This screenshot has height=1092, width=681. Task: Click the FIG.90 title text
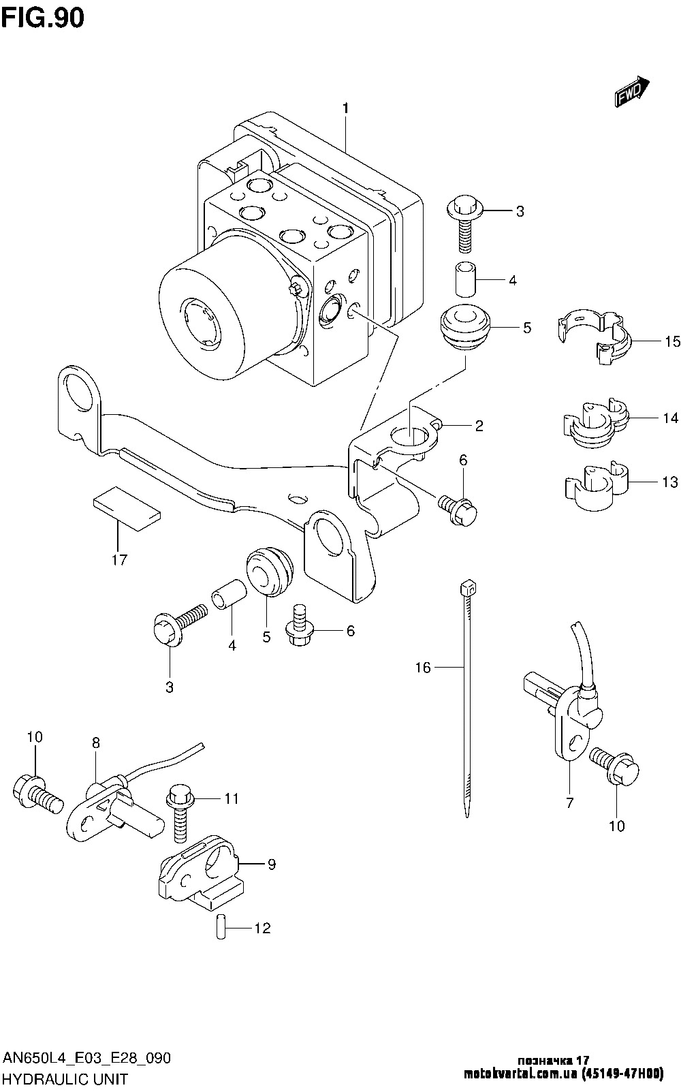(x=43, y=18)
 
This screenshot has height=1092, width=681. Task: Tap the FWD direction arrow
(x=632, y=92)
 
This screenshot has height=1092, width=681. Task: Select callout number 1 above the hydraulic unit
(x=346, y=108)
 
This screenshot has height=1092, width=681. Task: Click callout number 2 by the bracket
(x=479, y=426)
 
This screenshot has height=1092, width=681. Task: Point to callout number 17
(x=119, y=560)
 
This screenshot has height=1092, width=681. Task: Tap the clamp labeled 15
(x=594, y=337)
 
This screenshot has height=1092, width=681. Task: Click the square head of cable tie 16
(x=467, y=587)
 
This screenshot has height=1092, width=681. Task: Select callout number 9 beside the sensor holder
(x=272, y=864)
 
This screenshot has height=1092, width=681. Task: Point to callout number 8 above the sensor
(x=95, y=743)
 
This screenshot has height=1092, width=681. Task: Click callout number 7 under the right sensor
(x=570, y=802)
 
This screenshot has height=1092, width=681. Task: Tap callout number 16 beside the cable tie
(x=423, y=668)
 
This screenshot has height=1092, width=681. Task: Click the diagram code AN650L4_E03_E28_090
(x=86, y=1058)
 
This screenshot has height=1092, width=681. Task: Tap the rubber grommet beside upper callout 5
(x=465, y=328)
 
